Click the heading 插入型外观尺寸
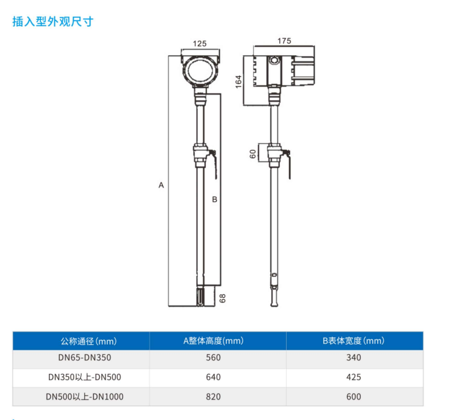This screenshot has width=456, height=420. pos(53,22)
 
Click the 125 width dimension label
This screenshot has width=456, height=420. pos(200,44)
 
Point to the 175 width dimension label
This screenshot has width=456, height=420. pos(284,41)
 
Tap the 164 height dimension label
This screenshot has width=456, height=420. pos(238,81)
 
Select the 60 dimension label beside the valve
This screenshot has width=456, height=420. pos(253,154)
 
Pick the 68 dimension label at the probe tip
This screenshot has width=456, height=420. pos(222,298)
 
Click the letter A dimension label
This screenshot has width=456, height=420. pos(161,185)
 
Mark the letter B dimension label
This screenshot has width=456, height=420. pos(215,199)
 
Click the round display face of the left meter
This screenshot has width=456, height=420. pos(200,70)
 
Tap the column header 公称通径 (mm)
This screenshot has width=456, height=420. pos(89,341)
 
